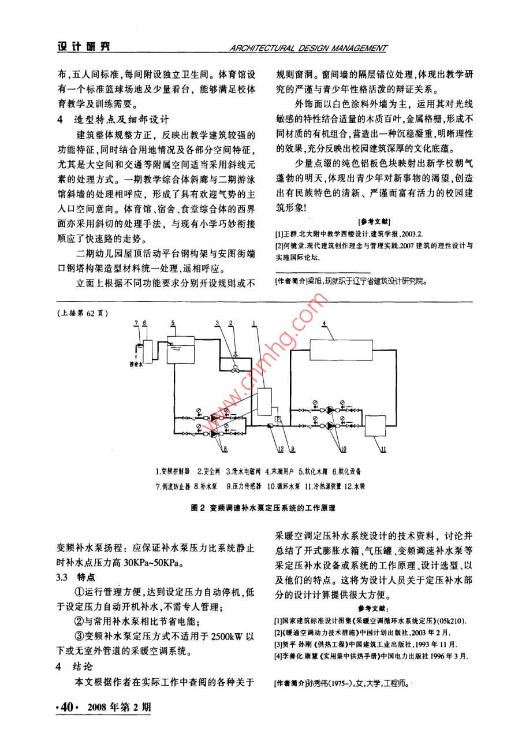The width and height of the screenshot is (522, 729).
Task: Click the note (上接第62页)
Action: pyautogui.click(x=83, y=313)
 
